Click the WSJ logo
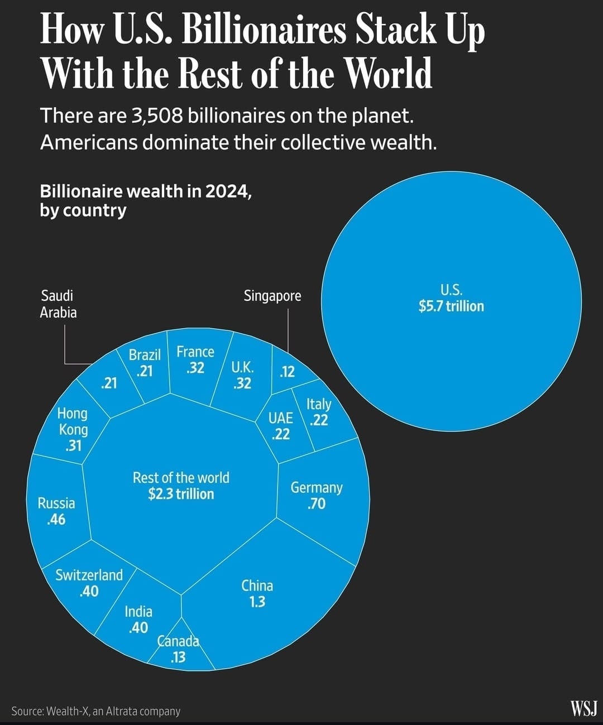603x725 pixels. [583, 709]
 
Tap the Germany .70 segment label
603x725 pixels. [316, 496]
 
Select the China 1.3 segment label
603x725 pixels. [257, 594]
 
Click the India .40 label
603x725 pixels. [138, 620]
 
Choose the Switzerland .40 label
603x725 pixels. [89, 583]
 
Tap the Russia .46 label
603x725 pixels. [56, 511]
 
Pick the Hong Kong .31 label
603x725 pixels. [73, 429]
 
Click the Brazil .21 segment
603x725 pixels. [145, 363]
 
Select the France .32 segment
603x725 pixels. [195, 360]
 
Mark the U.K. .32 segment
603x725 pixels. [242, 375]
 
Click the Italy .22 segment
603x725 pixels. [319, 412]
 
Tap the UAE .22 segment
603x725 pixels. [280, 426]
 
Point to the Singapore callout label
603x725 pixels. [272, 296]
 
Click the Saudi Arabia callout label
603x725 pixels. [58, 304]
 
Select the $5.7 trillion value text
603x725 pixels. [451, 306]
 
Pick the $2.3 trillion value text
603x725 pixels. [181, 494]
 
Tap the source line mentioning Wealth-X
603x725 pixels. [95, 711]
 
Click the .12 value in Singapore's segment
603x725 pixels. [287, 372]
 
